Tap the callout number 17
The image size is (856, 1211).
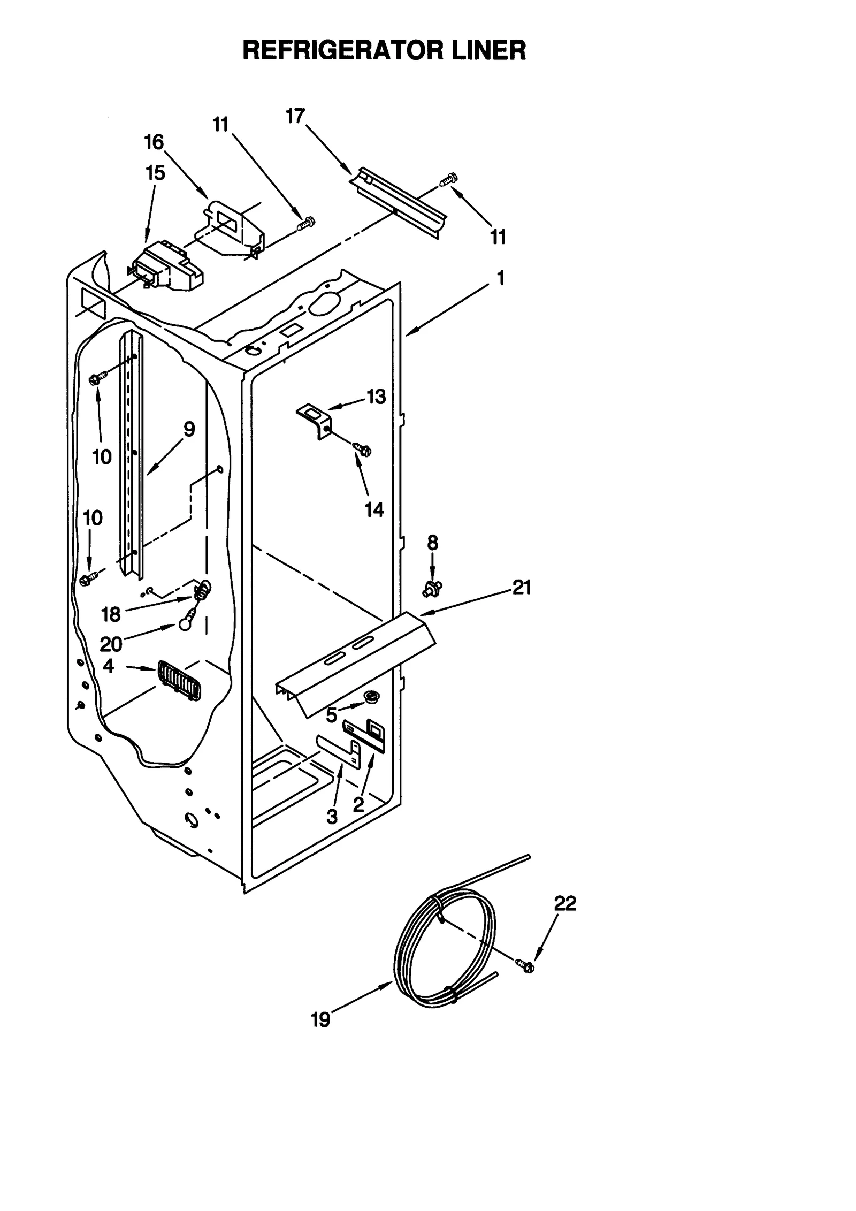tap(295, 116)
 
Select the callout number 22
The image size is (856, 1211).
tap(565, 904)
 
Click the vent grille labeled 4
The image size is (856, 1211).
tap(179, 681)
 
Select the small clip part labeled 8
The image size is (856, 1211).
tap(432, 589)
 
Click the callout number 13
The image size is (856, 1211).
tap(376, 397)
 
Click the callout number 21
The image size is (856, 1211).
tap(522, 588)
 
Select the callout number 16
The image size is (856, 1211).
tap(154, 142)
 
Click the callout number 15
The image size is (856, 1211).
tap(155, 173)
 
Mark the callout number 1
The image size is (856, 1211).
tap(501, 278)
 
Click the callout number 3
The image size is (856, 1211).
tap(332, 817)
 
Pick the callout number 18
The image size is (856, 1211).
tap(111, 615)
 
